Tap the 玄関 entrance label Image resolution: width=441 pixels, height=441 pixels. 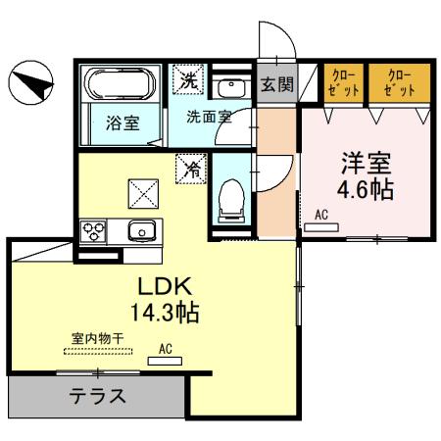(x=276, y=85)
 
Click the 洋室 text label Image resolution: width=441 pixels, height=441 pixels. (x=367, y=161)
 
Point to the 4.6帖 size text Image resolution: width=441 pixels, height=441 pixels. (x=367, y=189)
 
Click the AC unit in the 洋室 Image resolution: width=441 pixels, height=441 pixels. (x=321, y=227)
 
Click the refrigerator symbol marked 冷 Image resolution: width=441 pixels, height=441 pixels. (x=190, y=168)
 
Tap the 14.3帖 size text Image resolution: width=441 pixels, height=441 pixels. (x=162, y=315)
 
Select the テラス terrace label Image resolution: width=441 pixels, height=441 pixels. (x=96, y=398)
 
